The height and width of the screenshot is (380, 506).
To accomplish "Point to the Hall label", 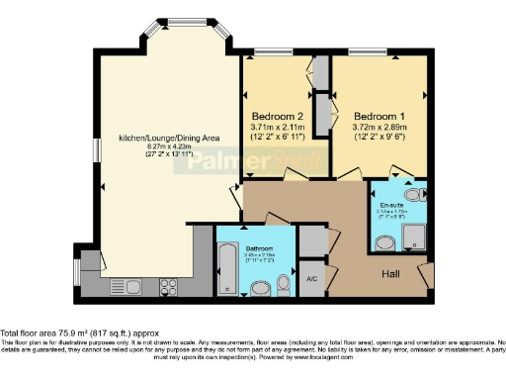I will point(392,273).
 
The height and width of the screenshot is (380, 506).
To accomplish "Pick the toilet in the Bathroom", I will point(285,284).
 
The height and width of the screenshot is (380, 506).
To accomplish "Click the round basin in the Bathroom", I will point(261,288).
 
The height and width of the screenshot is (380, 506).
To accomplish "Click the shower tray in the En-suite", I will point(415,236).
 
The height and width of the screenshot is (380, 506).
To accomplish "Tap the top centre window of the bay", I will point(180,23).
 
